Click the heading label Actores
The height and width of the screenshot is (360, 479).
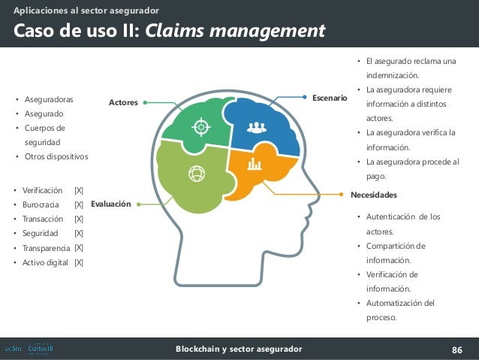pyautogui.click(x=124, y=102)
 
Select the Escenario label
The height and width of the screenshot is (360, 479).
pyautogui.click(x=330, y=98)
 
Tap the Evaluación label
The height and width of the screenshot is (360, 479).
pyautogui.click(x=110, y=204)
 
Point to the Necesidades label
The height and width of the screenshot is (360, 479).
pyautogui.click(x=374, y=194)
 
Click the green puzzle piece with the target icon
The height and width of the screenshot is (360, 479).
pyautogui.click(x=200, y=126)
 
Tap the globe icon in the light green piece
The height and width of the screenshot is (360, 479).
pyautogui.click(x=197, y=173)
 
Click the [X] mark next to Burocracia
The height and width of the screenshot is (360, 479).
pyautogui.click(x=79, y=204)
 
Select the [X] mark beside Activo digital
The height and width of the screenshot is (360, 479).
pyautogui.click(x=79, y=262)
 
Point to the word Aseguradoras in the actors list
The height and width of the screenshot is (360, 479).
pyautogui.click(x=49, y=99)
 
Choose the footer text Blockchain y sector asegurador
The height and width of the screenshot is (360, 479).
pyautogui.click(x=239, y=349)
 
